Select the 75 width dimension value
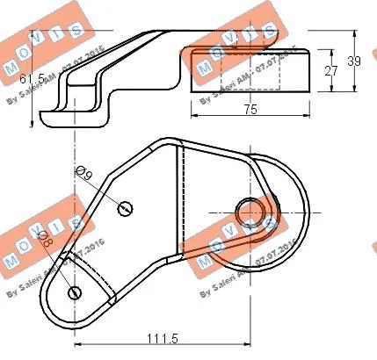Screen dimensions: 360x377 [x=250, y=109]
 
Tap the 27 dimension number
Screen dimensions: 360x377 [x=330, y=72]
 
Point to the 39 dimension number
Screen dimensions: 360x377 [x=354, y=61]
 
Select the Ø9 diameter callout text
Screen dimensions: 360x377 [x=85, y=176]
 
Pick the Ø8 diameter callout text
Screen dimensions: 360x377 [x=46, y=241]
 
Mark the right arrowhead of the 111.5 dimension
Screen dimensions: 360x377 [x=248, y=346]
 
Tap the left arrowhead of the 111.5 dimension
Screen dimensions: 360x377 [x=77, y=346]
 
